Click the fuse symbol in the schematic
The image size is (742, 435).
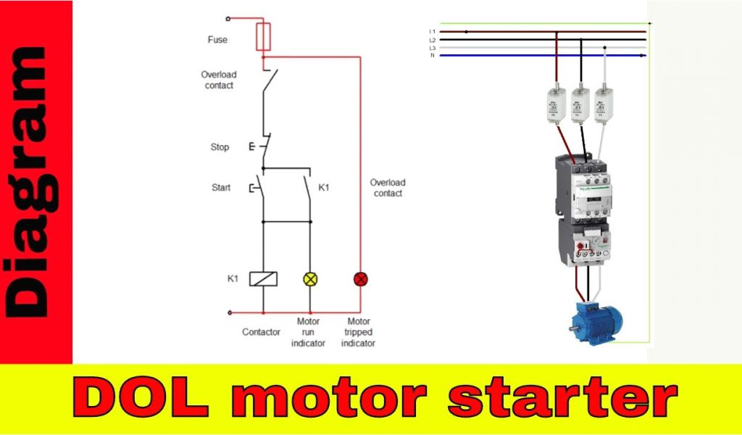264,36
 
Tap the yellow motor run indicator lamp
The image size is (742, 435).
310,278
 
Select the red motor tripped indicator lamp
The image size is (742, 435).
360,278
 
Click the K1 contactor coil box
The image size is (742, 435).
261,278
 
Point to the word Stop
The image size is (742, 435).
220,147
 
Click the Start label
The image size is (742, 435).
221,188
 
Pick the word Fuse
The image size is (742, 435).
217,40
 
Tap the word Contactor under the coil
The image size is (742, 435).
261,332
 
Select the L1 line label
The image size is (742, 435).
433,31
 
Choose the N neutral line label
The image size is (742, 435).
433,55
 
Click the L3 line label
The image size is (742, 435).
433,47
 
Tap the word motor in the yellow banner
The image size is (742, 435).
334,399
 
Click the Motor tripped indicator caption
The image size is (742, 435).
359,332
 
